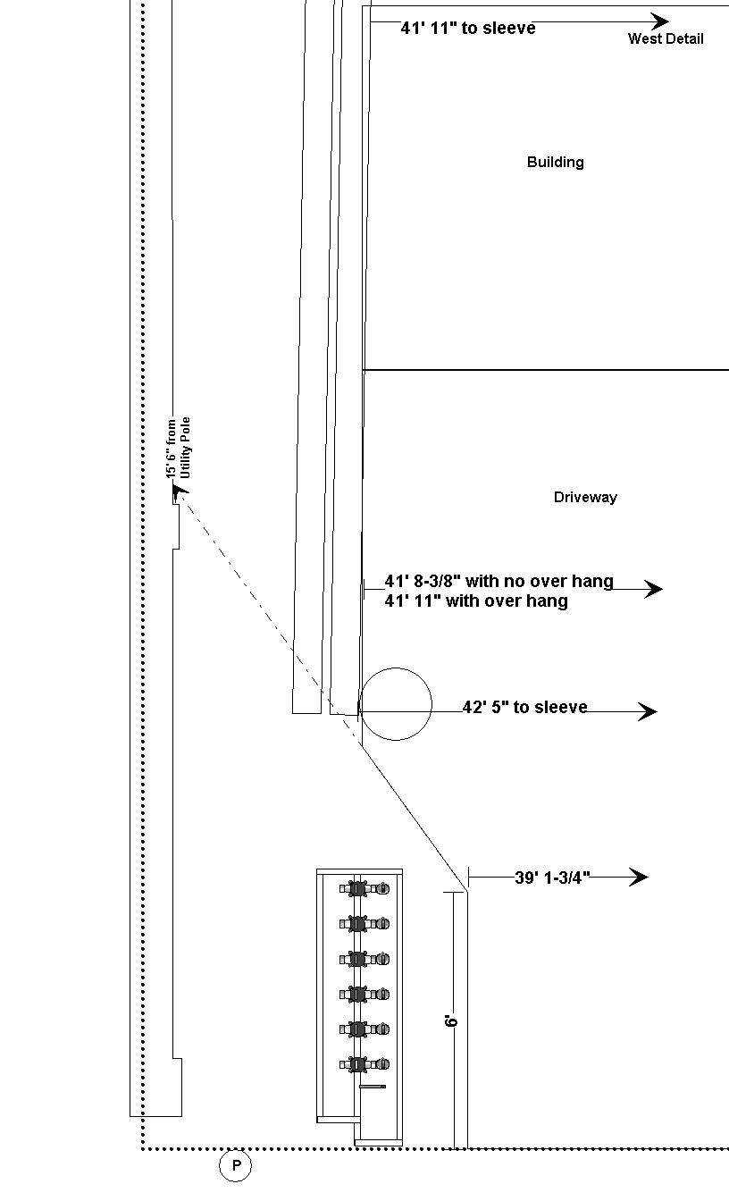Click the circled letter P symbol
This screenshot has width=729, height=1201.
[235, 1164]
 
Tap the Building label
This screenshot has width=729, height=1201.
[556, 162]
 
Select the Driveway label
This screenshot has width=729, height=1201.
[585, 497]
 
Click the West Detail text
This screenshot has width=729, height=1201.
[666, 38]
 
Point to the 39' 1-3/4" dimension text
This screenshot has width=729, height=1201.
[553, 878]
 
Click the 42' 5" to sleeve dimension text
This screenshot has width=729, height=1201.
[524, 707]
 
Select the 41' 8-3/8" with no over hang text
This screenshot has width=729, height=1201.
[499, 581]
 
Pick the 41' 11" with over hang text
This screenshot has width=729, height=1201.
[476, 601]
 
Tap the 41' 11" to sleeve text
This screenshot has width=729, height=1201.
[468, 28]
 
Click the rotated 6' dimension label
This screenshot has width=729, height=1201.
[451, 1020]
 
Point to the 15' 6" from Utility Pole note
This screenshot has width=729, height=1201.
[178, 449]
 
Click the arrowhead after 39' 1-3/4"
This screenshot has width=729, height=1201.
[639, 878]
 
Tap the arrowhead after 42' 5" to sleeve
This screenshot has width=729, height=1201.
[648, 711]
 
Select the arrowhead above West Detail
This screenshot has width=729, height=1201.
[659, 22]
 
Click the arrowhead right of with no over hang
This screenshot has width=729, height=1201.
[653, 589]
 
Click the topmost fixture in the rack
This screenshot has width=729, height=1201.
[364, 888]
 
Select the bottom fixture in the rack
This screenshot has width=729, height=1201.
[364, 1064]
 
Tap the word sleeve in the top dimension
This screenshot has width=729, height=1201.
[514, 28]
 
